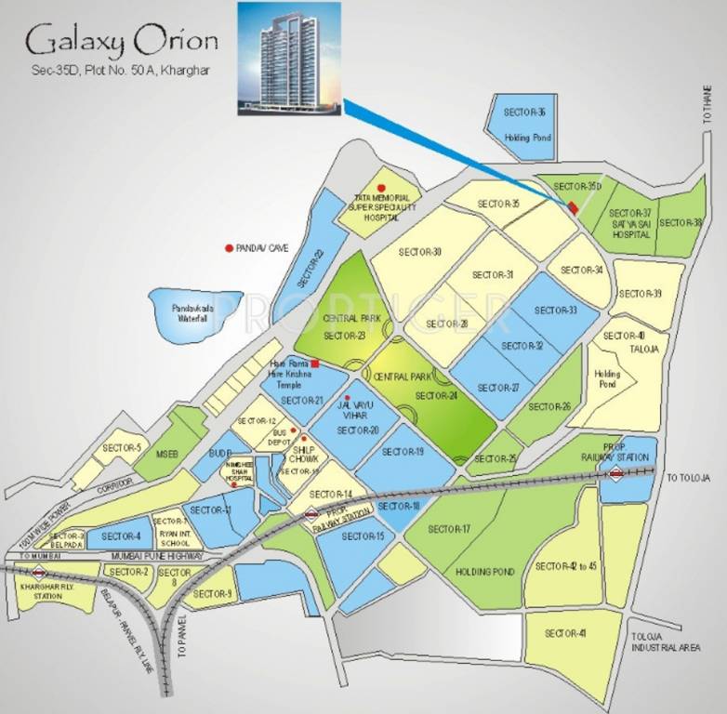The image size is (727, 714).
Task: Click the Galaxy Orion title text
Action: click(x=122, y=41)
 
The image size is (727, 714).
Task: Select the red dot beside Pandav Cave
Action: click(x=229, y=248)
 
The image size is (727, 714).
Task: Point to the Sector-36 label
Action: click(x=525, y=112)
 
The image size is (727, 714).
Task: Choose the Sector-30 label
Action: click(x=419, y=252)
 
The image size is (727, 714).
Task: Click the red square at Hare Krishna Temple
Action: click(x=315, y=363)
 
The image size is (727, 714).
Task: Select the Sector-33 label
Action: click(x=556, y=311)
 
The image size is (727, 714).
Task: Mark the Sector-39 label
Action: click(x=641, y=294)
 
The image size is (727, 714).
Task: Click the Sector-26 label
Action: click(x=549, y=406)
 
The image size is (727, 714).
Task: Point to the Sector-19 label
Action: click(x=403, y=451)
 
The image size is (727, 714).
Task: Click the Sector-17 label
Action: click(x=449, y=529)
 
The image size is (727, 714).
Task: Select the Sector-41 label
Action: click(x=565, y=633)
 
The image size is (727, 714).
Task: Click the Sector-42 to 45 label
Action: click(x=566, y=566)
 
